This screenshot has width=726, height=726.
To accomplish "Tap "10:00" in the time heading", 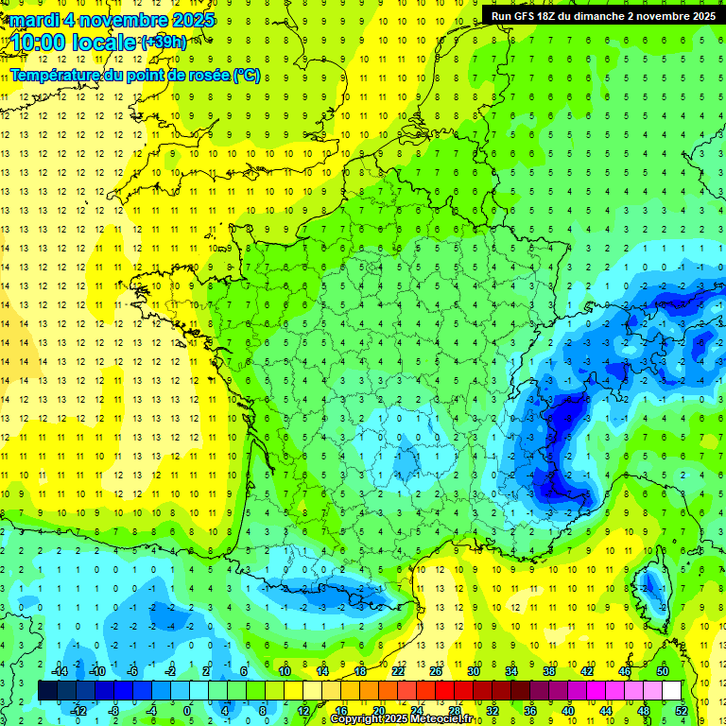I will pos(40,43).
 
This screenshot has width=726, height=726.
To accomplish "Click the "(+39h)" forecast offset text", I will pos(164,43).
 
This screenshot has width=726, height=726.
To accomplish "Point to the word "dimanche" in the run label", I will pos(609,16).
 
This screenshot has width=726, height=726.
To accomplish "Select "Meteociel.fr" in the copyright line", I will pos(441,719).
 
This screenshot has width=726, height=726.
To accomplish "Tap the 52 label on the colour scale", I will pos(682,711).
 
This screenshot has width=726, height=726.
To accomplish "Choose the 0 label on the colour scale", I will pos(187,711).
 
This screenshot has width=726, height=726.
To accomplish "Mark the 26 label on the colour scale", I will pos(435,671).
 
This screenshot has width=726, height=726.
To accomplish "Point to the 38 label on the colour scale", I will pos(548,671).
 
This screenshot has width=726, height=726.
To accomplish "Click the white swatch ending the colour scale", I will pos(671,690).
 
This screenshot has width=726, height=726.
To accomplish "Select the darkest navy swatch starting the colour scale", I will pos(47,690).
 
